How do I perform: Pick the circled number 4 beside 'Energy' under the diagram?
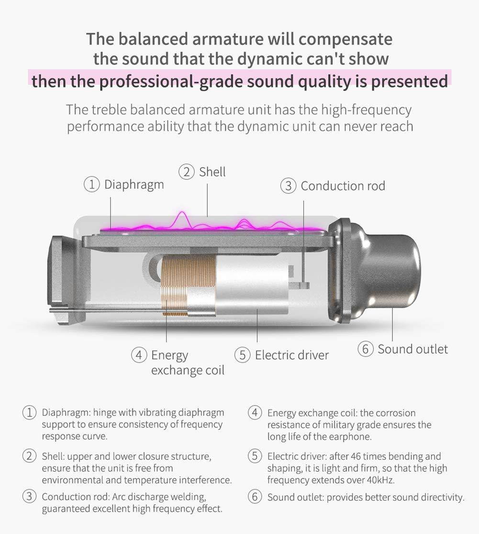[139, 355]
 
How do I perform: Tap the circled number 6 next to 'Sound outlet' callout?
[365, 349]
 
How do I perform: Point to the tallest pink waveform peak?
[182, 212]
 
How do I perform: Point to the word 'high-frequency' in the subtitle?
[366, 110]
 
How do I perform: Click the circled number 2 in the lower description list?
[29, 456]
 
